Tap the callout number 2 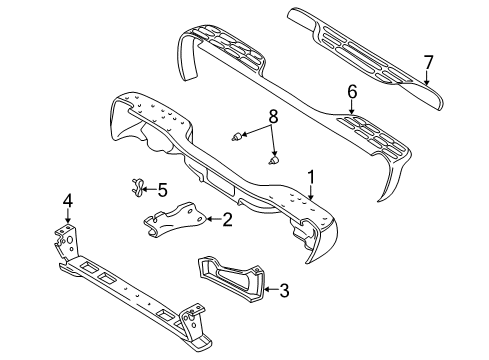(228, 220)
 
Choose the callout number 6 (351, 91)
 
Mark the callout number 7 (427, 63)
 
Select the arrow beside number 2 (213, 220)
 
